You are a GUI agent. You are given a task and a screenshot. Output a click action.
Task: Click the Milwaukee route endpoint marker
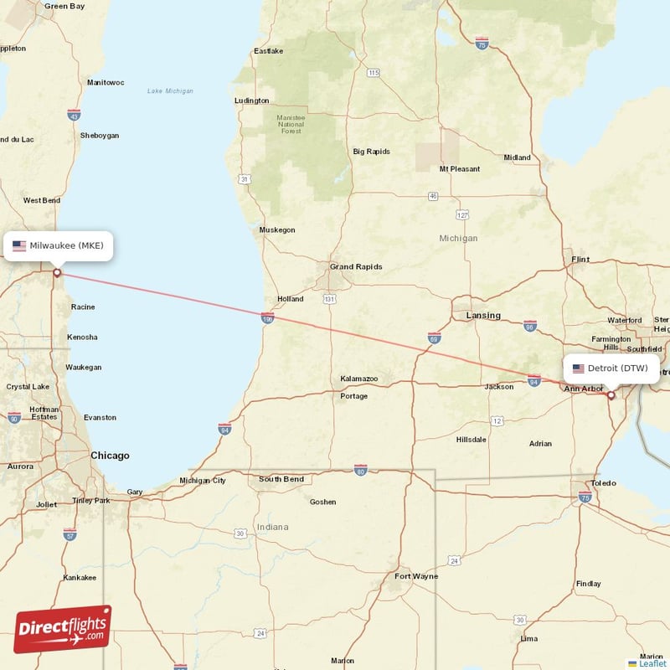(57, 272)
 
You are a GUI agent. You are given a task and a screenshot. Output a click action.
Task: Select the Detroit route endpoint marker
(611, 395)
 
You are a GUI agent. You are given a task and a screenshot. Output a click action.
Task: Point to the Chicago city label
(111, 456)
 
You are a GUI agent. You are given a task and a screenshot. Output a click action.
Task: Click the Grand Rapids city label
(355, 267)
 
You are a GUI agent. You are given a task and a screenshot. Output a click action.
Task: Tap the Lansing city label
(483, 316)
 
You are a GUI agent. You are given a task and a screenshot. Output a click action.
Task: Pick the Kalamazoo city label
(358, 379)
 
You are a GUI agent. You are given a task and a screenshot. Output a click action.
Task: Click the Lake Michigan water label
(170, 90)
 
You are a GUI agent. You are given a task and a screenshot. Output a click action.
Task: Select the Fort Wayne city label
(416, 576)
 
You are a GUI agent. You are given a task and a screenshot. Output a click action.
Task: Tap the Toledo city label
(603, 483)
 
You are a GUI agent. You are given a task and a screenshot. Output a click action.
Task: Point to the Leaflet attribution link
(652, 663)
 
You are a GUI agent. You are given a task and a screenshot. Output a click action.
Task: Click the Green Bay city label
(65, 6)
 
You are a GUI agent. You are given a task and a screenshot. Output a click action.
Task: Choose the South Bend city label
(281, 479)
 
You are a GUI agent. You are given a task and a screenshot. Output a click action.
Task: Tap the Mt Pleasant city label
(460, 169)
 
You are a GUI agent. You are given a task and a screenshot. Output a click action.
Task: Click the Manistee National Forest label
(291, 124)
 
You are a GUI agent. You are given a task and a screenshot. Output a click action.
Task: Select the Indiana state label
(272, 527)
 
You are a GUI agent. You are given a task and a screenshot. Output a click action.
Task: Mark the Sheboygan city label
(99, 136)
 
